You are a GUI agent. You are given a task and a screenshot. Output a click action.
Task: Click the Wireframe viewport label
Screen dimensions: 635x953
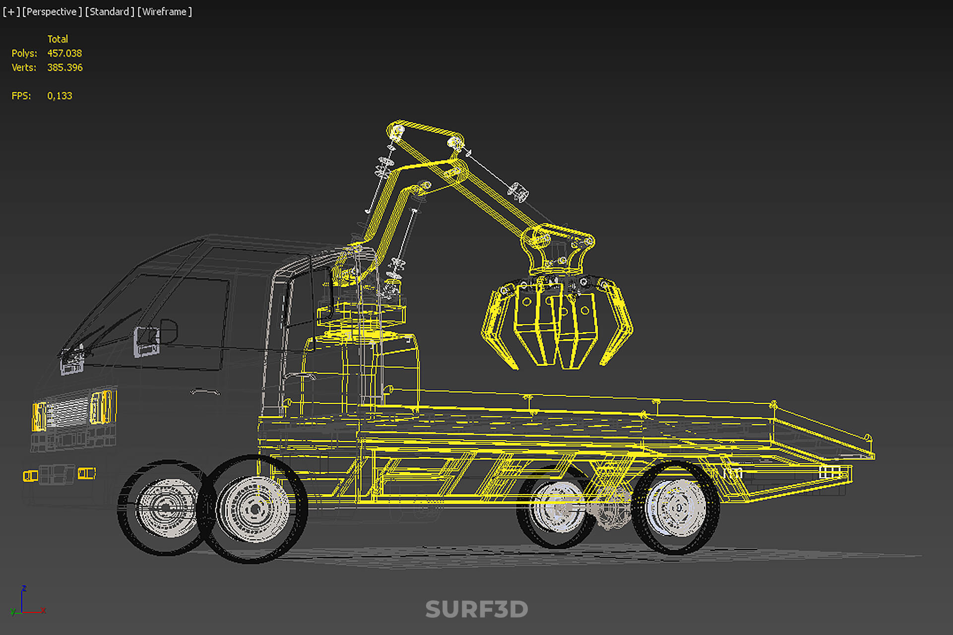click(164, 11)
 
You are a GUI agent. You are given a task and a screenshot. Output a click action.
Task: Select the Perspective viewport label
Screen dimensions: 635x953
click(52, 11)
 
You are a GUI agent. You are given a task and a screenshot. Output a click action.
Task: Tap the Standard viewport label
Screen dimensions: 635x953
click(109, 11)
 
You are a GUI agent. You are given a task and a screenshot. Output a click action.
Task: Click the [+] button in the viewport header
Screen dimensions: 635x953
click(11, 11)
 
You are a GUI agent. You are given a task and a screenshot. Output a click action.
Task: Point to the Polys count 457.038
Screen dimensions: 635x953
click(64, 53)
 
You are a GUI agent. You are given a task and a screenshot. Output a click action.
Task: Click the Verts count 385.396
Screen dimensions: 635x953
click(65, 67)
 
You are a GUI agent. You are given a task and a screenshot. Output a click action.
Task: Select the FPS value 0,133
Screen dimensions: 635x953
click(60, 96)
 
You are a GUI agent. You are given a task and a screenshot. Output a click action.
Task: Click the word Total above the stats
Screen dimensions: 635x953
click(58, 39)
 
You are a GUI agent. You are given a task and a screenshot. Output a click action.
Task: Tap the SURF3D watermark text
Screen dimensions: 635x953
click(476, 609)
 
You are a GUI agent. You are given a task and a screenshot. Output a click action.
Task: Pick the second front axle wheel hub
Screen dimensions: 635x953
click(254, 509)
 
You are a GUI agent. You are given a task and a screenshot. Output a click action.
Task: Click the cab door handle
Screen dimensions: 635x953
click(205, 392)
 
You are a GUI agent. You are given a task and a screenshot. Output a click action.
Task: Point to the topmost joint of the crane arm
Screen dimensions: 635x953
click(397, 131)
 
